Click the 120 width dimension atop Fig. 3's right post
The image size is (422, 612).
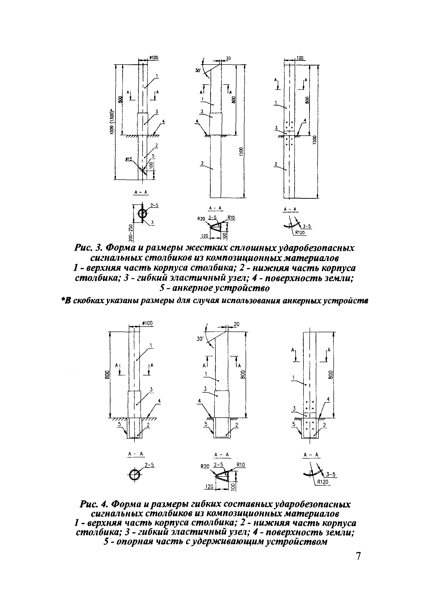(x=300, y=58)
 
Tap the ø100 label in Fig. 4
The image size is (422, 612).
(x=147, y=323)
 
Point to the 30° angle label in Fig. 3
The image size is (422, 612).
(x=198, y=70)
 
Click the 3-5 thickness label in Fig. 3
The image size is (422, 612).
(x=307, y=226)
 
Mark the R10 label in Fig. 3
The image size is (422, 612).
(x=231, y=218)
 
